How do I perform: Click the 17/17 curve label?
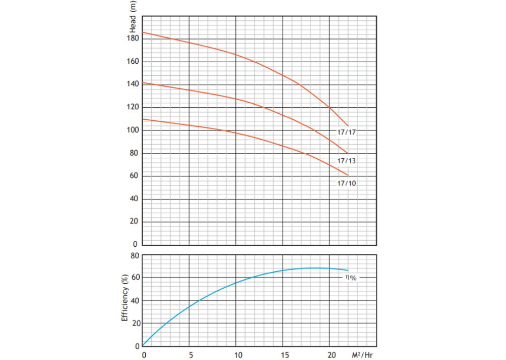click(x=346, y=132)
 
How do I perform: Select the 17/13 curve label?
click(x=346, y=161)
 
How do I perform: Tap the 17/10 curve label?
click(x=346, y=183)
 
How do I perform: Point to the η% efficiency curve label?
click(x=351, y=278)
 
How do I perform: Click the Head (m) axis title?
click(x=133, y=17)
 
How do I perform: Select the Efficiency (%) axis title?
click(x=124, y=298)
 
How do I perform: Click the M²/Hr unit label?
click(x=362, y=355)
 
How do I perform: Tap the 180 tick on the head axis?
click(x=133, y=38)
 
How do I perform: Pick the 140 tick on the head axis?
click(x=133, y=84)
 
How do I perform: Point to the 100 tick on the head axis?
click(x=133, y=130)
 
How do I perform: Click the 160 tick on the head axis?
click(x=133, y=61)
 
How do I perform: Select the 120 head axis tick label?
click(x=133, y=107)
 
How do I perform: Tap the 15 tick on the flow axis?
click(x=284, y=355)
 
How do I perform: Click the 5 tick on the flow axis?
click(x=191, y=355)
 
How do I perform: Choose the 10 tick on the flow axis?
click(x=238, y=355)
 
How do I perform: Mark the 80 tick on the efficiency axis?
click(x=135, y=256)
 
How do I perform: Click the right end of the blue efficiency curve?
click(x=348, y=271)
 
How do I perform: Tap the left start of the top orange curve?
click(x=143, y=32)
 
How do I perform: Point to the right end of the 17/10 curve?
click(x=348, y=175)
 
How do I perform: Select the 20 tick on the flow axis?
click(x=332, y=355)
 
